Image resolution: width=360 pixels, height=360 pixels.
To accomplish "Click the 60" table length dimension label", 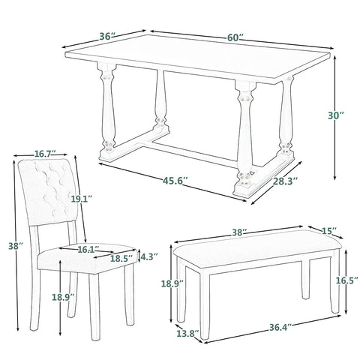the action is point(235,37).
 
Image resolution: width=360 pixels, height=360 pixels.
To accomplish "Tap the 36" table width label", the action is point(108,37).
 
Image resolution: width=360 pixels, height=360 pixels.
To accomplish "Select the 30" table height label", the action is point(336,115).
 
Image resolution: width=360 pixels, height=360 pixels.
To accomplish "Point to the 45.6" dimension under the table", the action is point(175,181).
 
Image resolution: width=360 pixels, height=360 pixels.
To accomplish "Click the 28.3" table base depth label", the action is point(285,181).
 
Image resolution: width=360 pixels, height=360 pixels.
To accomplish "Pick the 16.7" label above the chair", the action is point(45,154).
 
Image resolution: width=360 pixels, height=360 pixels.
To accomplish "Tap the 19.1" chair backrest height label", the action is point(82,199).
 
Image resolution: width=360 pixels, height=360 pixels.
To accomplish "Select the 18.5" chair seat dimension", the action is point(121,259).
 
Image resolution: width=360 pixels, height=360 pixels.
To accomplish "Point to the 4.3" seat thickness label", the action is point(149,256).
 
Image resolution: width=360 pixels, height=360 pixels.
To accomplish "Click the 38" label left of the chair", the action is point(16,246).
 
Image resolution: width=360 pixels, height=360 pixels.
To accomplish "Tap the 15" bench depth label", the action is point(329,230).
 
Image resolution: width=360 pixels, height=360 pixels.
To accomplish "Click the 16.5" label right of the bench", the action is point(345,280).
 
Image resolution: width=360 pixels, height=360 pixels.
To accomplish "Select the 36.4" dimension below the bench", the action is point(280,327).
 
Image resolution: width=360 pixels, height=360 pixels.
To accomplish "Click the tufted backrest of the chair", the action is point(47,191).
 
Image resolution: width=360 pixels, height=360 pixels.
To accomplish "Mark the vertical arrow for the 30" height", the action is point(335,118).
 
